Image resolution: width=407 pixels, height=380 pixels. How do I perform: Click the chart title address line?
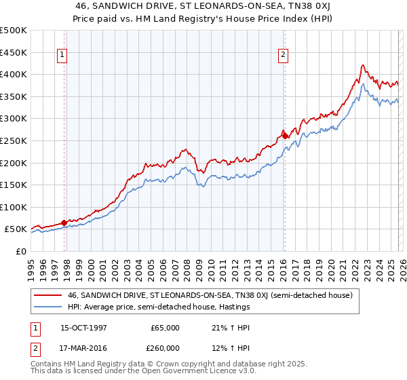click(x=203, y=6)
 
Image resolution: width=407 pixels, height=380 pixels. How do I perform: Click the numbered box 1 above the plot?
click(x=62, y=56)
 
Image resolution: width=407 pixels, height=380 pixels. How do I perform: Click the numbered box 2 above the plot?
click(x=282, y=56)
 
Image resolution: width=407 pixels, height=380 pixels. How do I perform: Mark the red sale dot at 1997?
click(x=64, y=222)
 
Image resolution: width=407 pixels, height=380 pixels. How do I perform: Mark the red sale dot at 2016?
click(x=286, y=136)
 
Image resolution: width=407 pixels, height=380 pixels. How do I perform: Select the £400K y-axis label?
click(x=14, y=74)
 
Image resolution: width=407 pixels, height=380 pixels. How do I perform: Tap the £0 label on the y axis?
click(x=20, y=251)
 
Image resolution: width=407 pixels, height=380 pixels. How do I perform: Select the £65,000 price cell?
click(x=165, y=328)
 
